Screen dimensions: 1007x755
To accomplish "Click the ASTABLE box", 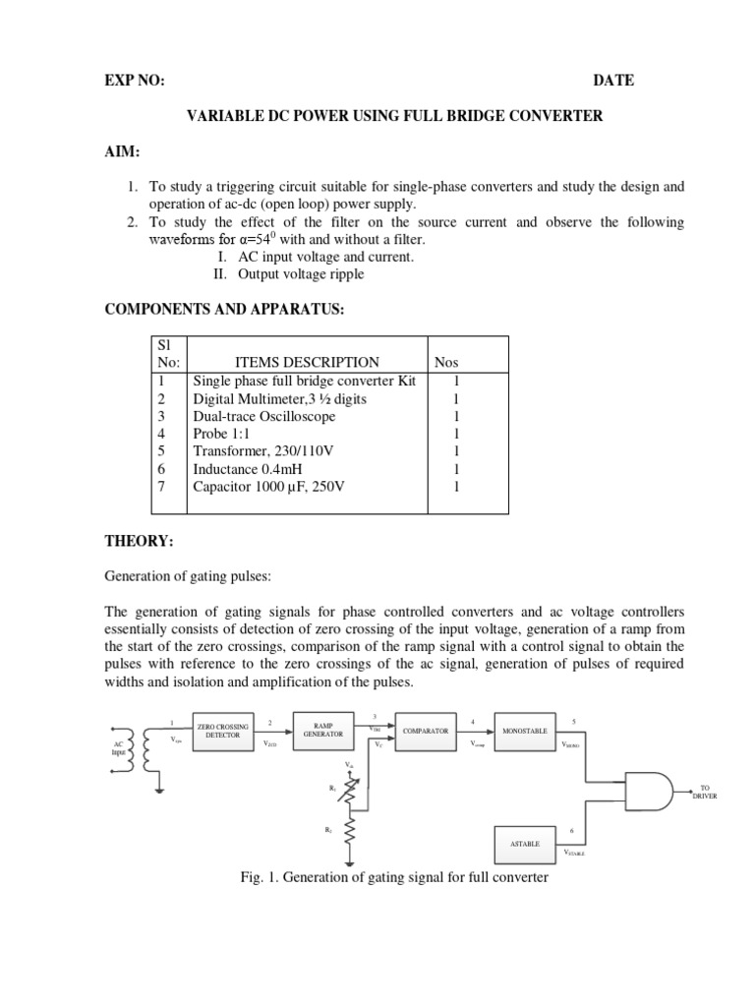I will point(524,844).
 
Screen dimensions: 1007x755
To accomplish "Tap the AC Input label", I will point(118,748).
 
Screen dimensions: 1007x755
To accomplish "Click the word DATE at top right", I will point(613,81).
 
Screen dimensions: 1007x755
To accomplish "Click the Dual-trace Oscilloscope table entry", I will point(264,416).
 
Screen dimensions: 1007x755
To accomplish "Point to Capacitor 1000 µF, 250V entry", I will point(271,487).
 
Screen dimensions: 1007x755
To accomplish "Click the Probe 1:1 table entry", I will point(223,434).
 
